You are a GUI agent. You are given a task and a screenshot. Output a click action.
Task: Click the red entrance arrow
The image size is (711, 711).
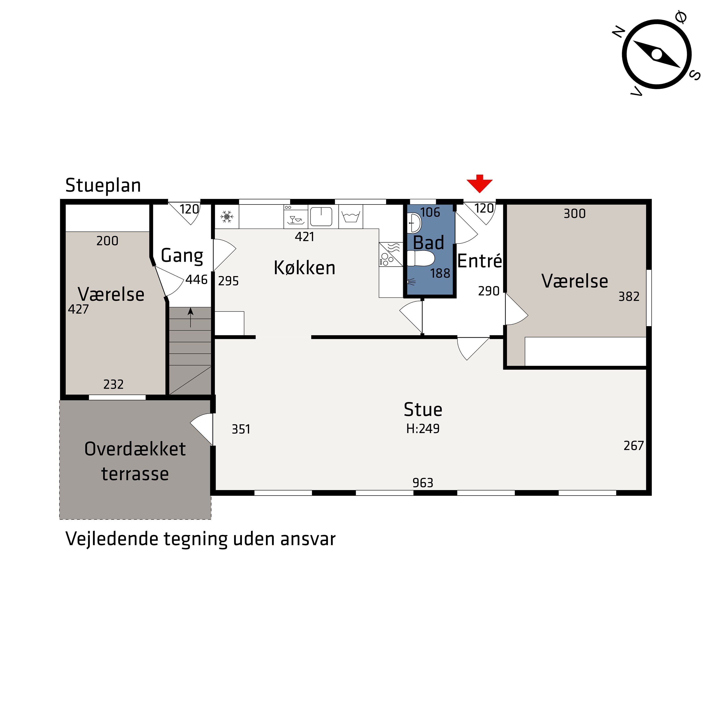479,183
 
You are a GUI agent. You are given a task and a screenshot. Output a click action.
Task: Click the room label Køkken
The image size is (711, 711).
304,268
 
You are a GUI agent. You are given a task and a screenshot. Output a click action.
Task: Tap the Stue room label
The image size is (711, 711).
423,410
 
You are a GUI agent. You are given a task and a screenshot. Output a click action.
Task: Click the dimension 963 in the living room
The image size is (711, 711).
423,483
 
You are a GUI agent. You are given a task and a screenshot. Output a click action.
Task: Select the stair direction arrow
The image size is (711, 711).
190,317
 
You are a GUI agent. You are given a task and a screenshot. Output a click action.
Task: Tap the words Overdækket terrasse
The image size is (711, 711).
135,461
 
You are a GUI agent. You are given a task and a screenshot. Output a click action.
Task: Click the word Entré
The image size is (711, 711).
479,261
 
